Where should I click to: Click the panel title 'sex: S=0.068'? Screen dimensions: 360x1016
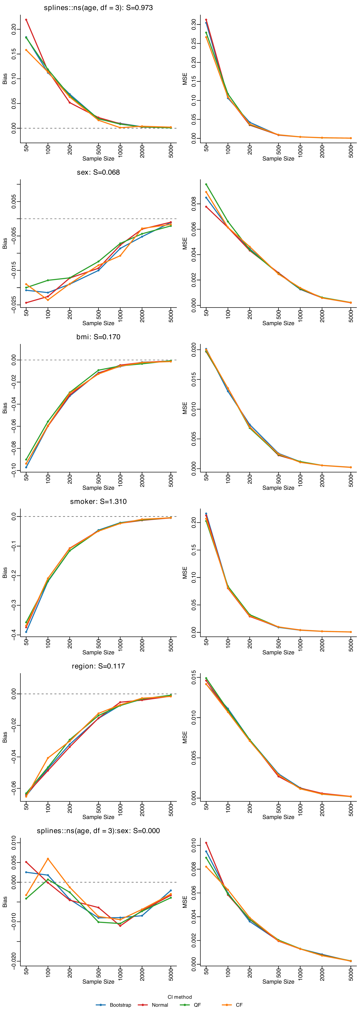(x=98, y=172)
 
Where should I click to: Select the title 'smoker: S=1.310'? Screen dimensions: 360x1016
(x=98, y=501)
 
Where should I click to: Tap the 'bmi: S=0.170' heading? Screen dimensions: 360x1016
(x=98, y=337)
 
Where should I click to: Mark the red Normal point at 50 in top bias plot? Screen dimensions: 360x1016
(x=26, y=20)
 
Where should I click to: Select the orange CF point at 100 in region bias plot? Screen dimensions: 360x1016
(x=48, y=758)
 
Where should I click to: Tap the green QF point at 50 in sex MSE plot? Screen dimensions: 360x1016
(x=206, y=184)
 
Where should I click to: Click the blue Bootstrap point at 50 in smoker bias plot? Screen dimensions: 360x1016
(x=26, y=632)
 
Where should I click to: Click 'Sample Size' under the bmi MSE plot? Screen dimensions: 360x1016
(x=278, y=488)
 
